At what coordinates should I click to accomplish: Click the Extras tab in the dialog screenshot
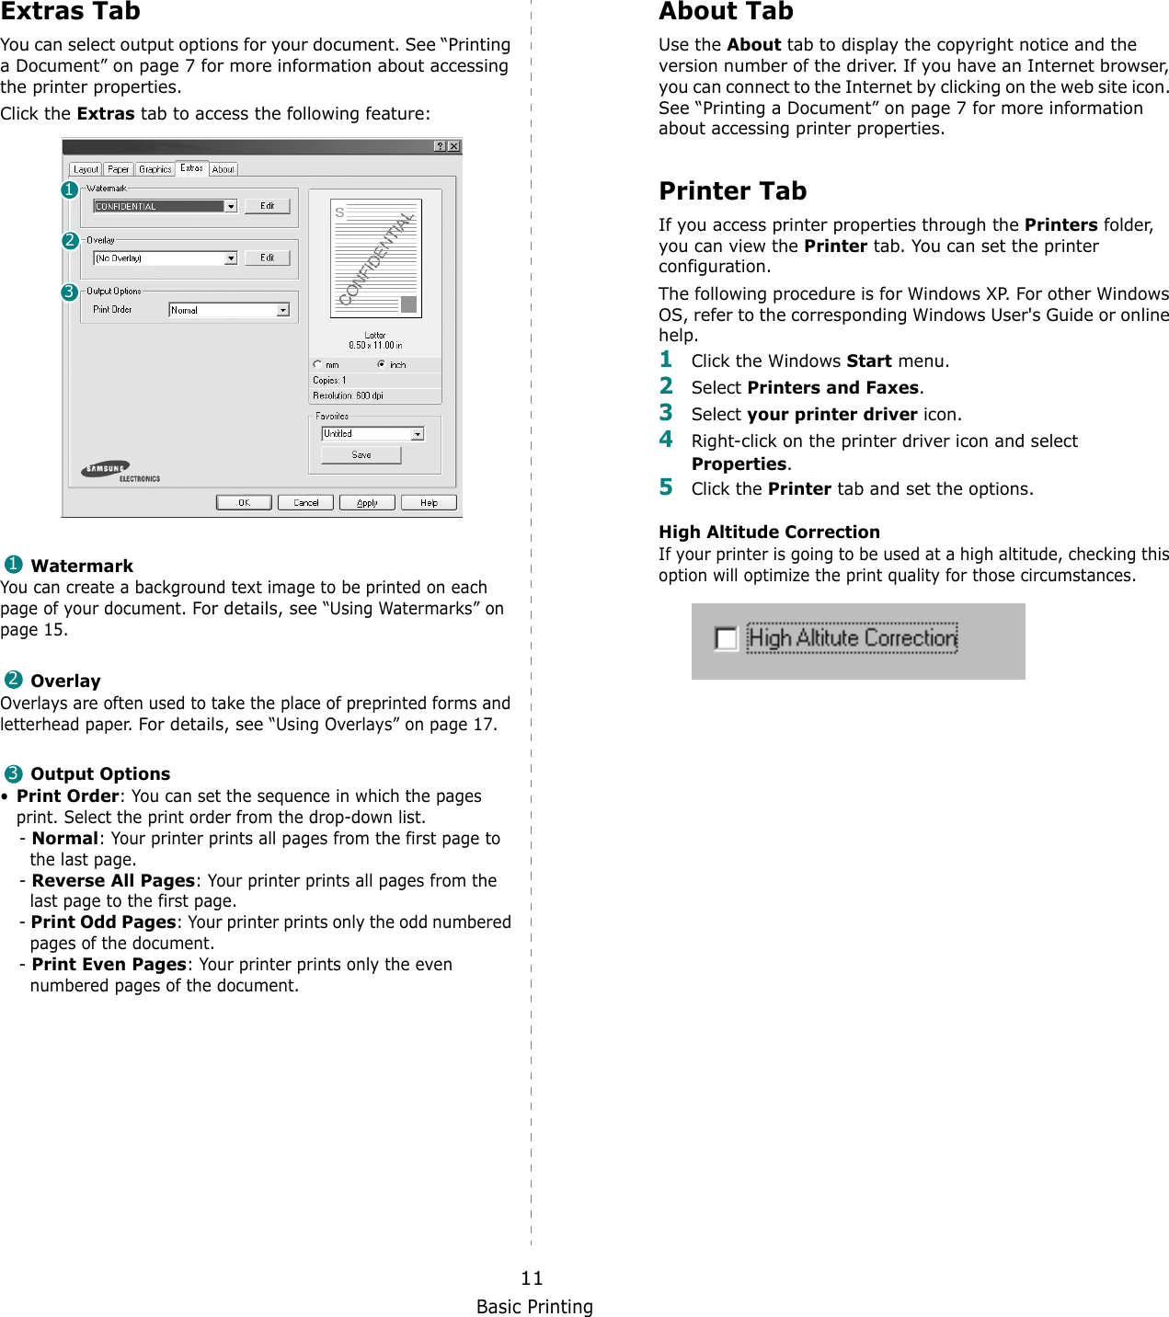(x=191, y=168)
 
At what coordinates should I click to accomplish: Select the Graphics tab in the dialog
(x=155, y=169)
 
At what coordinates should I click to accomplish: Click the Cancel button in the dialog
(x=305, y=503)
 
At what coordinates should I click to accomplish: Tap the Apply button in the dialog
(x=367, y=503)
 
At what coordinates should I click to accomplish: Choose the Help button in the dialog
(x=429, y=503)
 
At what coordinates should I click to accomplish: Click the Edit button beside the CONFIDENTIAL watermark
(x=267, y=206)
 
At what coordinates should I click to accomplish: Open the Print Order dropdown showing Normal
(x=283, y=311)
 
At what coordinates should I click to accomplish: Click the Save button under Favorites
(x=361, y=455)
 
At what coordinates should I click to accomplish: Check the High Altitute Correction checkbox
(x=726, y=638)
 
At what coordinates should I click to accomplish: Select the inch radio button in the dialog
(x=382, y=365)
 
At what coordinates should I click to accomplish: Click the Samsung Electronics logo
(x=120, y=471)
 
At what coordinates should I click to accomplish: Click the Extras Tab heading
(x=71, y=12)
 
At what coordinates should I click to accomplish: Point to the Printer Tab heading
(x=732, y=191)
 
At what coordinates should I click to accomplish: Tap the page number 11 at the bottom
(x=532, y=1277)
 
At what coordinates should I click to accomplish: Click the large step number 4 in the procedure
(x=666, y=440)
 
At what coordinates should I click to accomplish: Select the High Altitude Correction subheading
(x=769, y=532)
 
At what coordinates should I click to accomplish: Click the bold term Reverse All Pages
(x=113, y=881)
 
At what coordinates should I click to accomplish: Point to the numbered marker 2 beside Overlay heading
(x=13, y=681)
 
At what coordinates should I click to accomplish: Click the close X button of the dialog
(x=453, y=146)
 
